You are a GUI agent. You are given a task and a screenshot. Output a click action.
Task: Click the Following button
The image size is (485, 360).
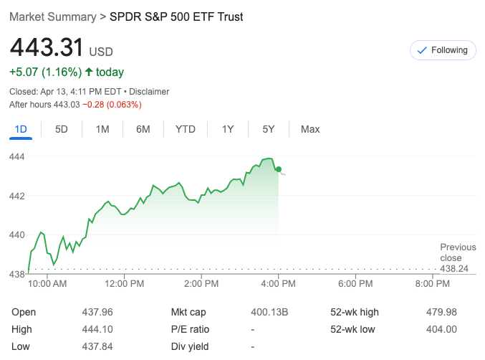click(443, 50)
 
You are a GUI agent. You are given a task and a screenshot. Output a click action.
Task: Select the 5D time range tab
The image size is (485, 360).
click(62, 129)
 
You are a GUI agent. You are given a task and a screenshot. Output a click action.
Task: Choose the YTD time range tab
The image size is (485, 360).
click(186, 129)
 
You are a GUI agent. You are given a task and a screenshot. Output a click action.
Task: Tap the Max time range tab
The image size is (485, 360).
click(310, 129)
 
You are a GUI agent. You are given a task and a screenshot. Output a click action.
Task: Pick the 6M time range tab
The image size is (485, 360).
click(143, 129)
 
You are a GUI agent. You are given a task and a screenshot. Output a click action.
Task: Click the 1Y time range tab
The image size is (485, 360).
click(228, 129)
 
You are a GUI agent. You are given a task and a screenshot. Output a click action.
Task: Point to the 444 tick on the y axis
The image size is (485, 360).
click(17, 156)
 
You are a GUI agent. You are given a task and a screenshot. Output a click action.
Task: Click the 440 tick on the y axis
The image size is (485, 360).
click(17, 235)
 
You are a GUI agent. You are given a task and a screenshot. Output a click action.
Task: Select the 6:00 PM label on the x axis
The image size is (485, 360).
click(356, 284)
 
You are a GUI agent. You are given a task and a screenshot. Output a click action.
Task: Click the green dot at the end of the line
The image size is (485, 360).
click(279, 169)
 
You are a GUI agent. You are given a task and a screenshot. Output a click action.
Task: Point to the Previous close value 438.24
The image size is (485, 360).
click(457, 269)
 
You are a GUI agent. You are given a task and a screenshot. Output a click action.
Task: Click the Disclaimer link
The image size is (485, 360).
click(148, 92)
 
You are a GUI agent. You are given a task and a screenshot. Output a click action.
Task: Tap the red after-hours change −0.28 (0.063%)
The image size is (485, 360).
click(112, 105)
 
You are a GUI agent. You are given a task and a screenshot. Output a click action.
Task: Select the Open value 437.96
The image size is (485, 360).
click(98, 313)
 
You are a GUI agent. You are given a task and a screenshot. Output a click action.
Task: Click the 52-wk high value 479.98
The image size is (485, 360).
click(441, 313)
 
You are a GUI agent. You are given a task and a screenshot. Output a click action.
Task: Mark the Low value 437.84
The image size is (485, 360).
click(98, 347)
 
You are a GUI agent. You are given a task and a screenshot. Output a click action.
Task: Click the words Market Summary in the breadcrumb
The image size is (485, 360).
click(52, 16)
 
